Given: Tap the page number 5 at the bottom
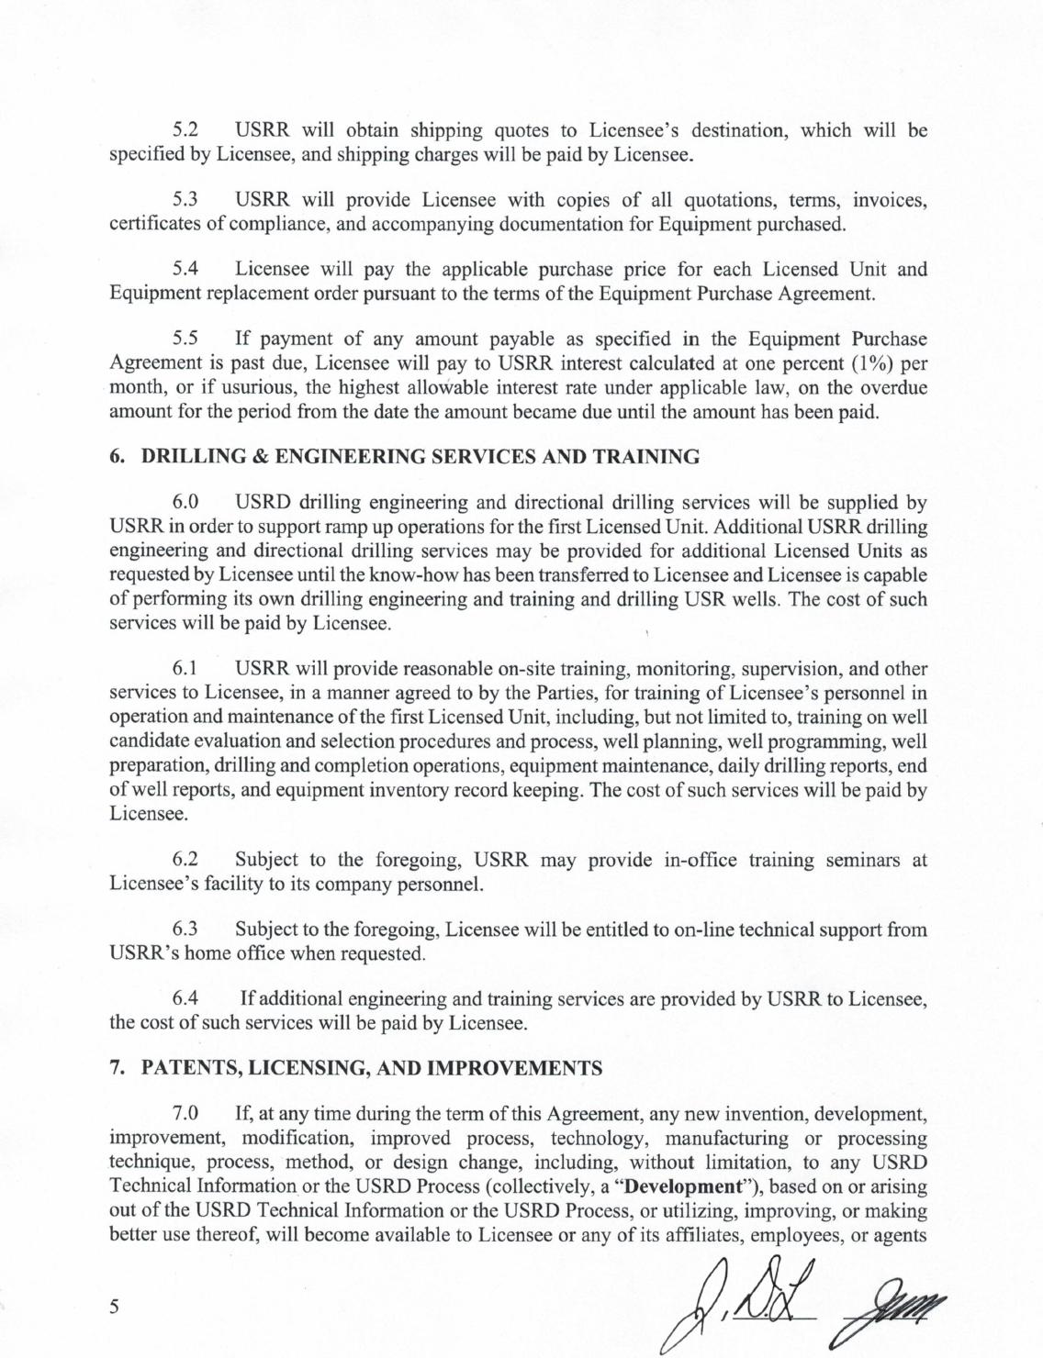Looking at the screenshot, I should pos(115,1308).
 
